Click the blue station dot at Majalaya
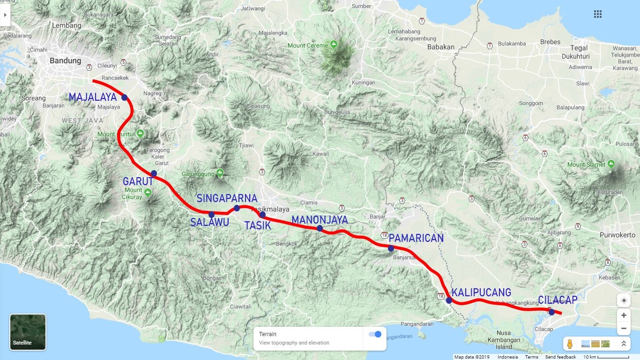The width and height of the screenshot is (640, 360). [x=124, y=97]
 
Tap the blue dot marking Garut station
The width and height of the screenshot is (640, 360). [x=154, y=173]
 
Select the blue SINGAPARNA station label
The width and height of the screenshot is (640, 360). [x=227, y=198]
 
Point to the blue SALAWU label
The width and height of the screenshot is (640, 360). [x=209, y=222]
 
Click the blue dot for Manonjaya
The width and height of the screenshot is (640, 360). [x=320, y=228]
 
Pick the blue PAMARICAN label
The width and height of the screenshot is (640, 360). [x=416, y=238]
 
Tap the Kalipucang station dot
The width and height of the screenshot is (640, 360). [x=449, y=300]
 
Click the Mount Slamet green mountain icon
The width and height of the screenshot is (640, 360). [x=611, y=165]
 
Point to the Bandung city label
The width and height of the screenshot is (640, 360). [x=65, y=60]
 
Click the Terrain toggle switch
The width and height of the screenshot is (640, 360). [x=375, y=334]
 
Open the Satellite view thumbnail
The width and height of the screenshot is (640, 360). [x=28, y=332]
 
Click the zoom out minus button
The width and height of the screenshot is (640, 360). [x=624, y=329]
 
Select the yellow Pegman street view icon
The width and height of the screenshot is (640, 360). [x=570, y=344]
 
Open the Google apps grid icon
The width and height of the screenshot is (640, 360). [x=598, y=14]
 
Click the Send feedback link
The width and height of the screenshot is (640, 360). [x=560, y=357]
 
